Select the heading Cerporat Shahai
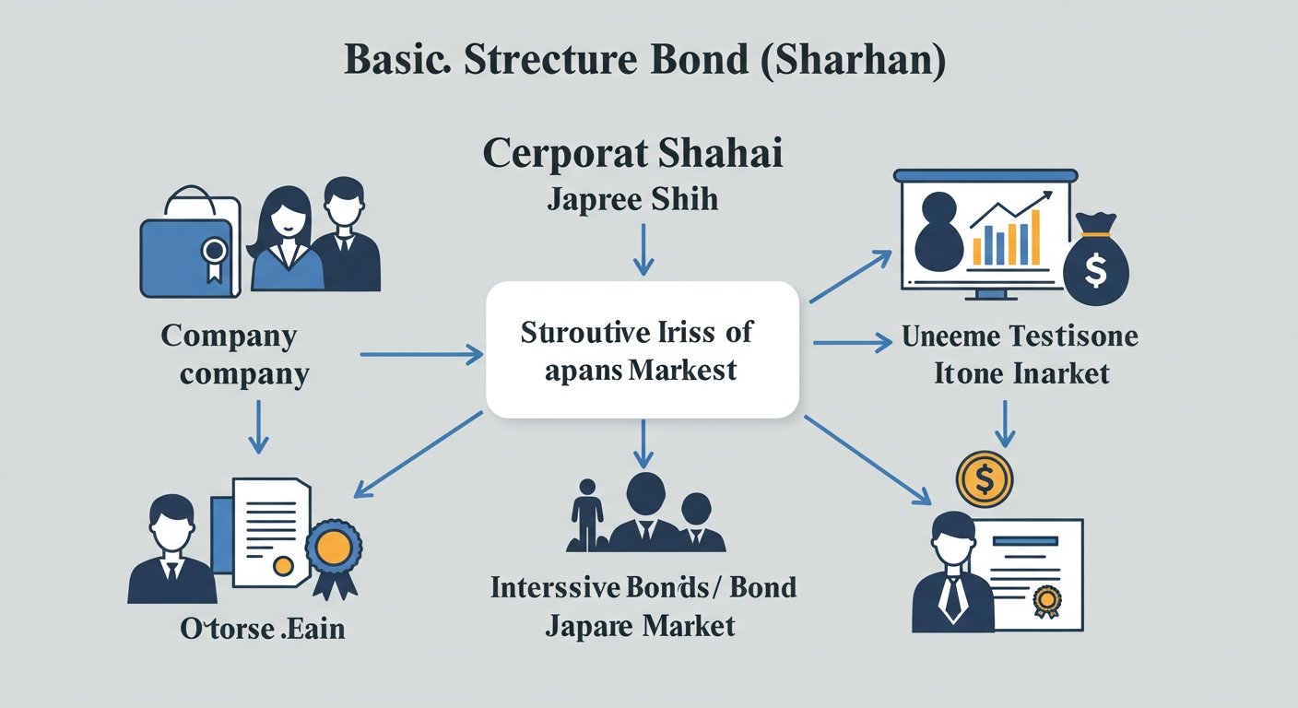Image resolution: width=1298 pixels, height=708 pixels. [x=632, y=153]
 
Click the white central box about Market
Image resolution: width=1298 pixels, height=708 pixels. [x=642, y=350]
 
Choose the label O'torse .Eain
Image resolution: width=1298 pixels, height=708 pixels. [x=262, y=629]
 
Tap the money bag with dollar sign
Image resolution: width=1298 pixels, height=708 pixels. [x=1095, y=262]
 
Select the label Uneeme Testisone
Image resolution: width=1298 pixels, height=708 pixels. [x=1020, y=336]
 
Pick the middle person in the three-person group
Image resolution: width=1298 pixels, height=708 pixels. [x=644, y=512]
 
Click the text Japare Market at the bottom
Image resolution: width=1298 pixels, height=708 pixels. [x=640, y=626]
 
